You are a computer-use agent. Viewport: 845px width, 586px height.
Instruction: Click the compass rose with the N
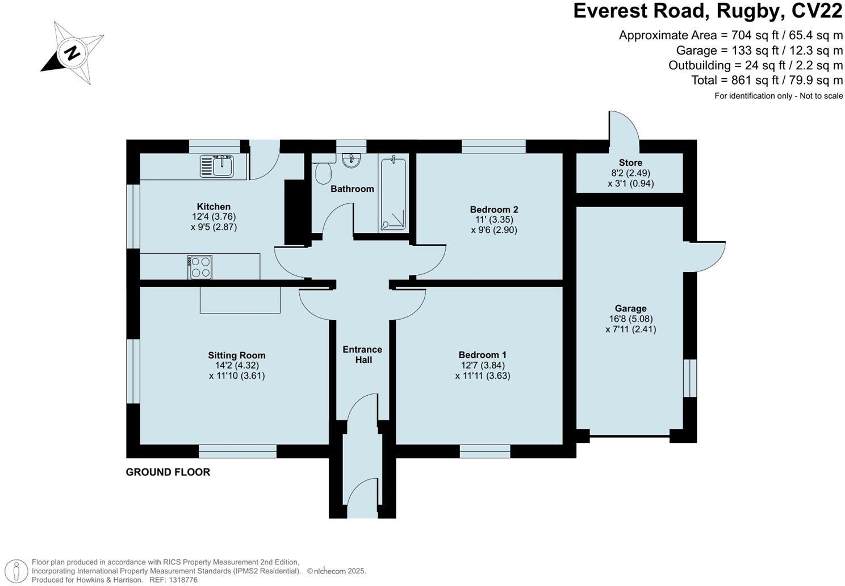point(72,53)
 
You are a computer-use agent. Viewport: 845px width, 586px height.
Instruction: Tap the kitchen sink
point(217,166)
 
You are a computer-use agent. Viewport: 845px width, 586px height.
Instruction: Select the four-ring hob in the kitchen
point(200,267)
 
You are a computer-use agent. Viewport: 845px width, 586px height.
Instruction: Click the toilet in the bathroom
point(324,171)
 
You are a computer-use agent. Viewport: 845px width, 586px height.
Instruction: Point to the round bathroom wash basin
point(352,160)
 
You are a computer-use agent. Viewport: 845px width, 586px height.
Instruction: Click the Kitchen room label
point(214,207)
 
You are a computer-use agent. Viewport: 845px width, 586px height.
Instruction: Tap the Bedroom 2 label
point(493,210)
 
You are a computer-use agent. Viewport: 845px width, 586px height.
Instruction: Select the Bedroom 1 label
point(482,355)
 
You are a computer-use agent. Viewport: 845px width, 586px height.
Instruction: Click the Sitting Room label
point(236,355)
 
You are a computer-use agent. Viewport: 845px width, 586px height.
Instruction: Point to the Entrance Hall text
point(362,354)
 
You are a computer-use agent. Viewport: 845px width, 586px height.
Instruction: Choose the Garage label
point(630,309)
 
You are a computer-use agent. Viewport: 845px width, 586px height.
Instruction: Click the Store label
point(630,163)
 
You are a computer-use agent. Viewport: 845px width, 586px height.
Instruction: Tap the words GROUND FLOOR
point(168,472)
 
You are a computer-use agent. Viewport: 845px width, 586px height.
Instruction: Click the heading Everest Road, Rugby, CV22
point(708,11)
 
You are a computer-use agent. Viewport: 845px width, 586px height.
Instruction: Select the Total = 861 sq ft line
point(767,80)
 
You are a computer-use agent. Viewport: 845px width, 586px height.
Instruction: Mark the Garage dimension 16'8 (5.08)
point(630,319)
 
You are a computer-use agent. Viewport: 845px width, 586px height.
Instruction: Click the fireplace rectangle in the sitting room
point(240,300)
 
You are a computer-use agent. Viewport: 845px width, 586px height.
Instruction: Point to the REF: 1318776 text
point(173,580)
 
